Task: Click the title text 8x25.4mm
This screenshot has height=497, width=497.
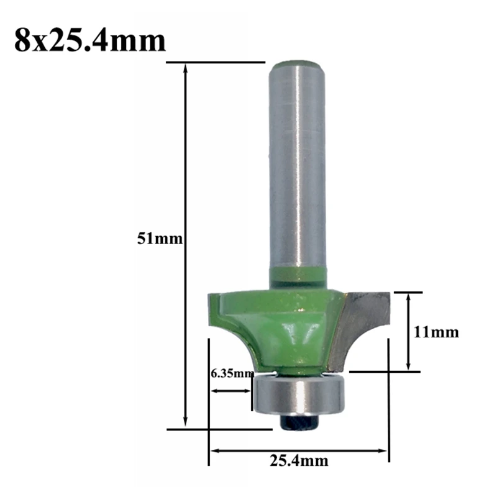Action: [x=89, y=40]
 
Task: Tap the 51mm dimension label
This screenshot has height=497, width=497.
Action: [x=160, y=239]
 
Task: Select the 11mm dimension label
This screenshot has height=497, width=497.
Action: [x=436, y=332]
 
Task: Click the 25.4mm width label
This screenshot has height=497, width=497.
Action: [x=299, y=460]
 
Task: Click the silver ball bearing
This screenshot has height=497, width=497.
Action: [x=299, y=394]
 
